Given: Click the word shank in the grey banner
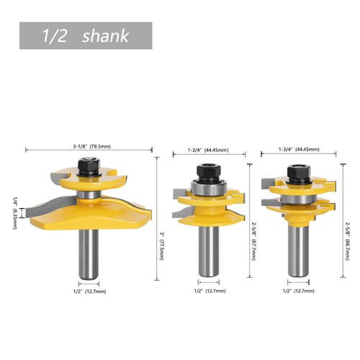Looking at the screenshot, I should point(106,35).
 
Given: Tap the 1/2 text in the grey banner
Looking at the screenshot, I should point(55,35).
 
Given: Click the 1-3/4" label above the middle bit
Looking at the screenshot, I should point(208,150).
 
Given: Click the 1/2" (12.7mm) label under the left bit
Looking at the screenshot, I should point(88,292).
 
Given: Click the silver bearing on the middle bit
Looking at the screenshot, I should point(208,189).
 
